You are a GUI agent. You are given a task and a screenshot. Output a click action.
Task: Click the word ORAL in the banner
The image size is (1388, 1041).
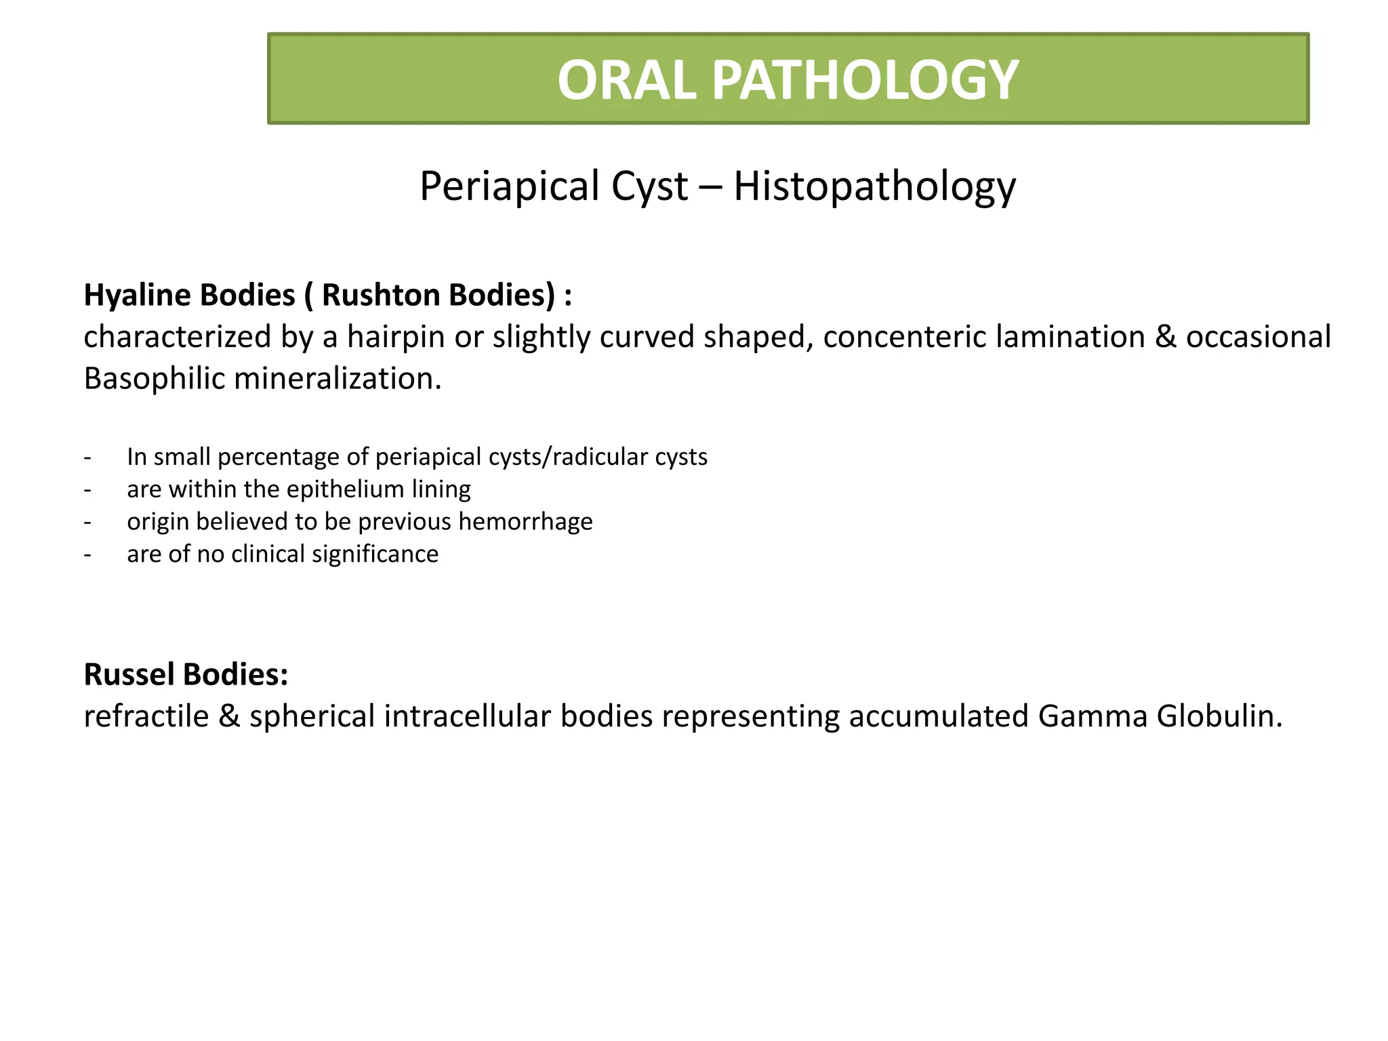point(627,81)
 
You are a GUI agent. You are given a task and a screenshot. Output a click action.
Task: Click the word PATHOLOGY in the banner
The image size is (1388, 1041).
point(865,81)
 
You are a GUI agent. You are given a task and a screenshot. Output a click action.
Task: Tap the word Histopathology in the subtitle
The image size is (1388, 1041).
point(874,186)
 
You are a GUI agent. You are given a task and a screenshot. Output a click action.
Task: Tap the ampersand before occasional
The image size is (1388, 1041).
point(1165,337)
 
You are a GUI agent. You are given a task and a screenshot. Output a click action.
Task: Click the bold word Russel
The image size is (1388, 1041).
point(128,675)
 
